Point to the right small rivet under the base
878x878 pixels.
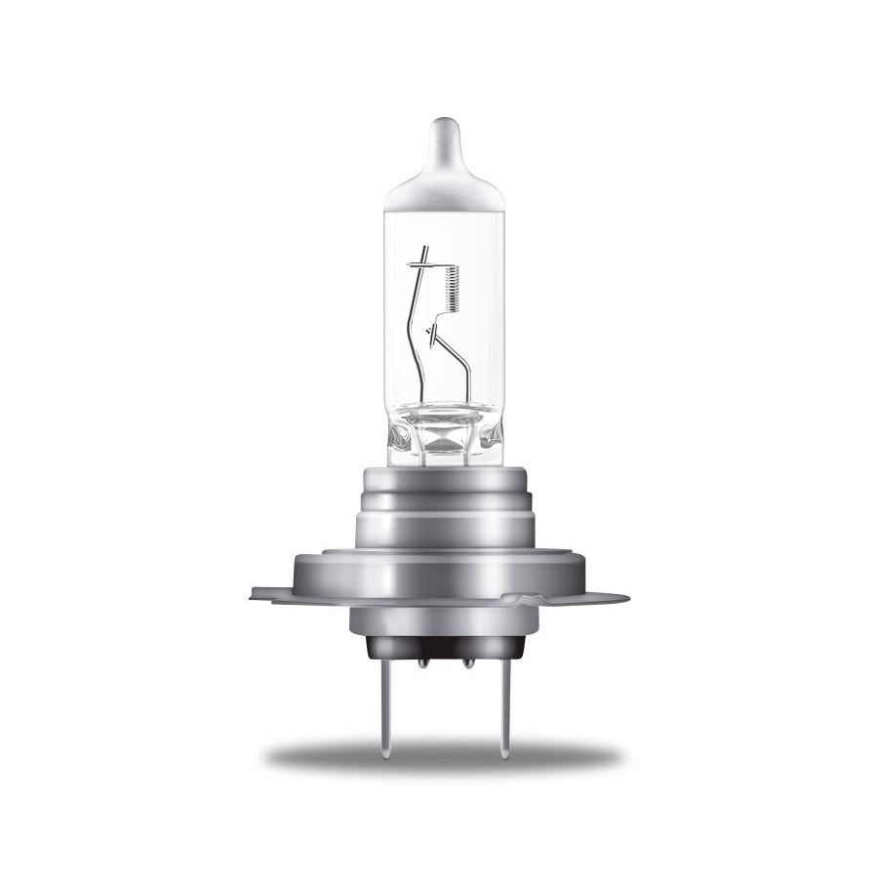pos(467,663)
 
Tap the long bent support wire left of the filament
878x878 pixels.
pos(419,332)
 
